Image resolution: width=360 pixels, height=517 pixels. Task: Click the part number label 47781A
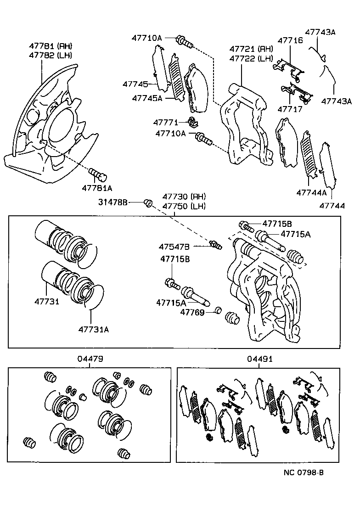(97, 188)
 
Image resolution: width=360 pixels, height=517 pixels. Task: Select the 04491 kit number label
(260, 359)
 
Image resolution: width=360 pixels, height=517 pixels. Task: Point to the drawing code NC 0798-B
(304, 472)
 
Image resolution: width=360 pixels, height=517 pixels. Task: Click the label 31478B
(112, 202)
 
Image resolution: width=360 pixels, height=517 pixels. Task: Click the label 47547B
(174, 247)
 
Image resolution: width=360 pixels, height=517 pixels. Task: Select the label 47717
(290, 109)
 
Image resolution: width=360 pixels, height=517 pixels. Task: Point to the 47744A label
(311, 192)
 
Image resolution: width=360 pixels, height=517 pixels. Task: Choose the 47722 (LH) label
(251, 58)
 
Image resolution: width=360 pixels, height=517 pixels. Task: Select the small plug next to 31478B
(148, 202)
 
